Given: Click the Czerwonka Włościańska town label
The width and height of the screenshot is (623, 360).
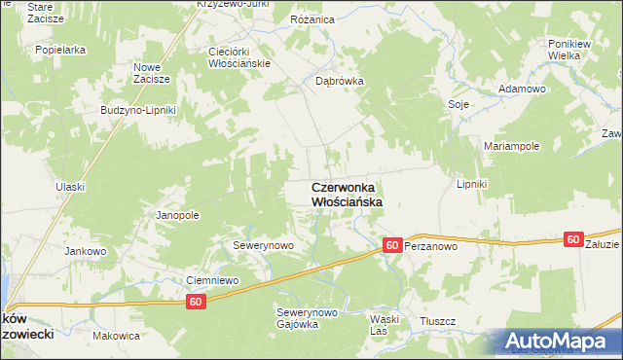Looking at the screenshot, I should [346, 194].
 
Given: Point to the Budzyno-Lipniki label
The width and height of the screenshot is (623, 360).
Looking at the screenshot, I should [137, 110].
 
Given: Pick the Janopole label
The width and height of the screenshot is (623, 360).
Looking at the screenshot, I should [177, 215].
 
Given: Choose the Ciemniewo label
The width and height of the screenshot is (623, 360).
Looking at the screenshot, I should [212, 280].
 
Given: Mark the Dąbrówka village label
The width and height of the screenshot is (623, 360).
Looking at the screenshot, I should [339, 82].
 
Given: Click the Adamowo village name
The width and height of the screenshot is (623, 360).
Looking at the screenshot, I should [522, 89].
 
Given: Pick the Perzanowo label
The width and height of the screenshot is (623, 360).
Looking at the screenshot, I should [431, 247].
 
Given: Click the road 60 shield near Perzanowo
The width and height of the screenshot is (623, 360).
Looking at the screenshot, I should [391, 246].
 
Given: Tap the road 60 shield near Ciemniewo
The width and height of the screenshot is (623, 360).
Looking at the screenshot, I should [198, 303].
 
